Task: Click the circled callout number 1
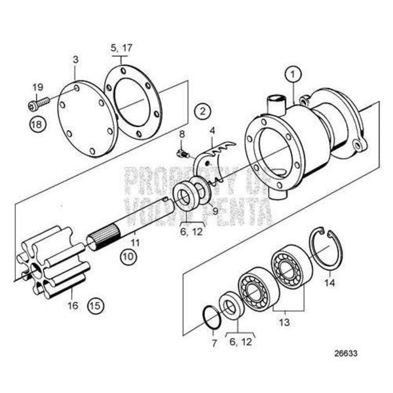[293, 75]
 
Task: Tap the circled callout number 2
[202, 111]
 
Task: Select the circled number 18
[37, 124]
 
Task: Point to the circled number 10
[128, 256]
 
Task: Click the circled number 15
[96, 305]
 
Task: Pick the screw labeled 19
[39, 103]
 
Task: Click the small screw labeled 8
[183, 154]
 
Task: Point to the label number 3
[75, 60]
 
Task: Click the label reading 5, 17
[121, 48]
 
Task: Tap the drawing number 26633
[346, 354]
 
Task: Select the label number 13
[284, 322]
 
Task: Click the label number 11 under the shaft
[135, 242]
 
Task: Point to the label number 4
[212, 130]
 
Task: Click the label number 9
[215, 212]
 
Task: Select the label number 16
[73, 305]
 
